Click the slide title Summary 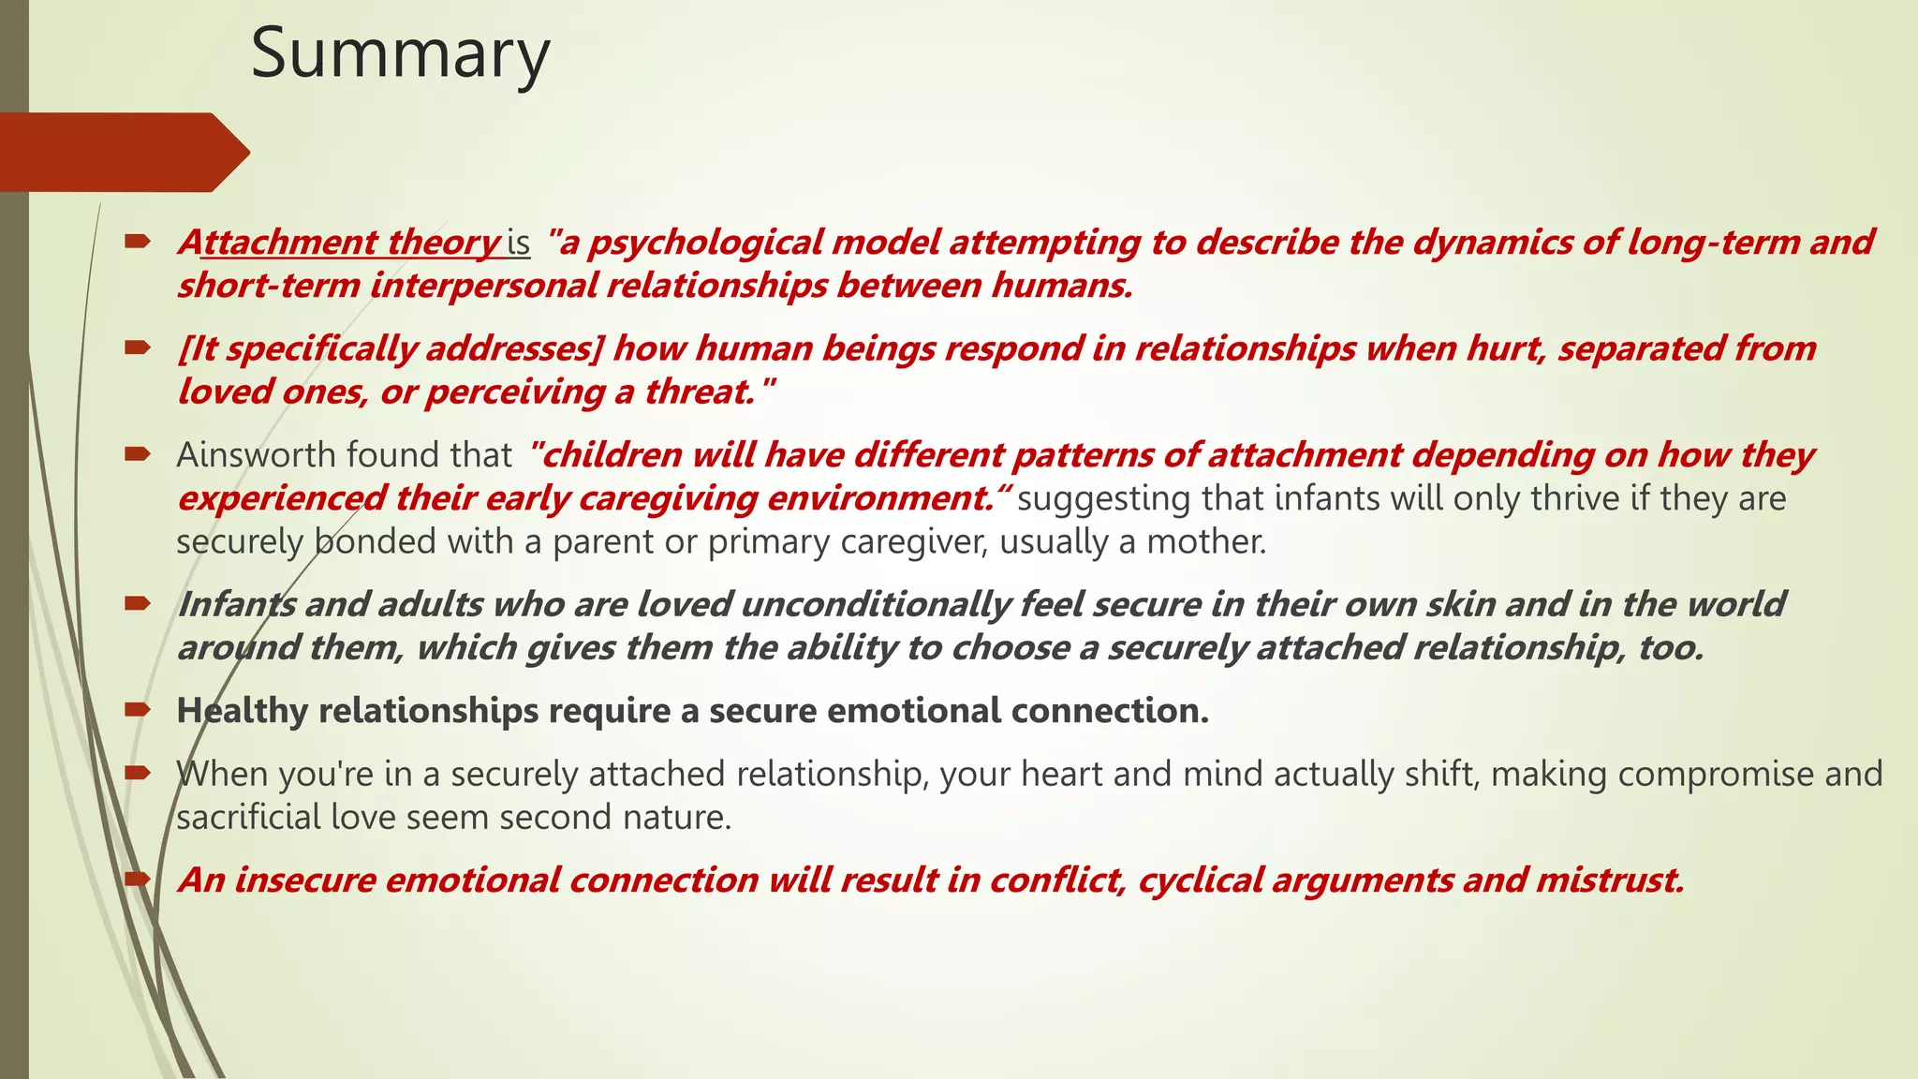(x=400, y=54)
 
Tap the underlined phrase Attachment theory (x=340, y=243)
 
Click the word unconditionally (x=875, y=604)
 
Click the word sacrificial (x=248, y=818)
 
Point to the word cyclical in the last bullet (x=1199, y=880)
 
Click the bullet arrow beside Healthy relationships (x=137, y=710)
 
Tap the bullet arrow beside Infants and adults (x=137, y=603)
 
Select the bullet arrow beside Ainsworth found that (x=137, y=454)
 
